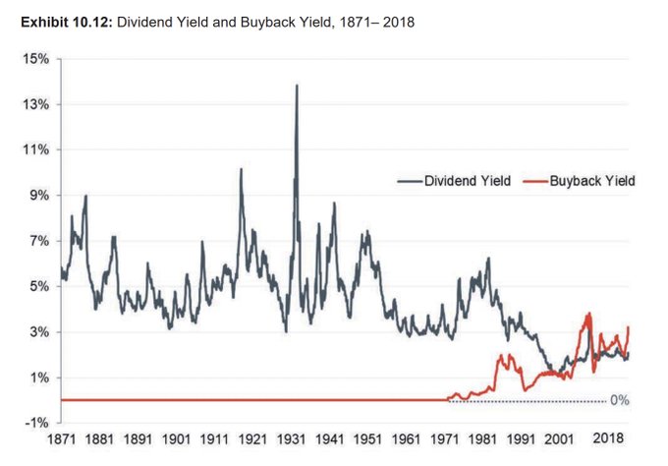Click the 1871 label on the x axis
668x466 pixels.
pyautogui.click(x=60, y=439)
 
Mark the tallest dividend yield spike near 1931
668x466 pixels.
pyautogui.click(x=297, y=86)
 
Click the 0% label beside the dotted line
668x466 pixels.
pyautogui.click(x=619, y=400)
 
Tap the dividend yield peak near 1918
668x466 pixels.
pyautogui.click(x=241, y=169)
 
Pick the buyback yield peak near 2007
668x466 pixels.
pyautogui.click(x=588, y=314)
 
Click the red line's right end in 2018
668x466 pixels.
pyautogui.click(x=628, y=327)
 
